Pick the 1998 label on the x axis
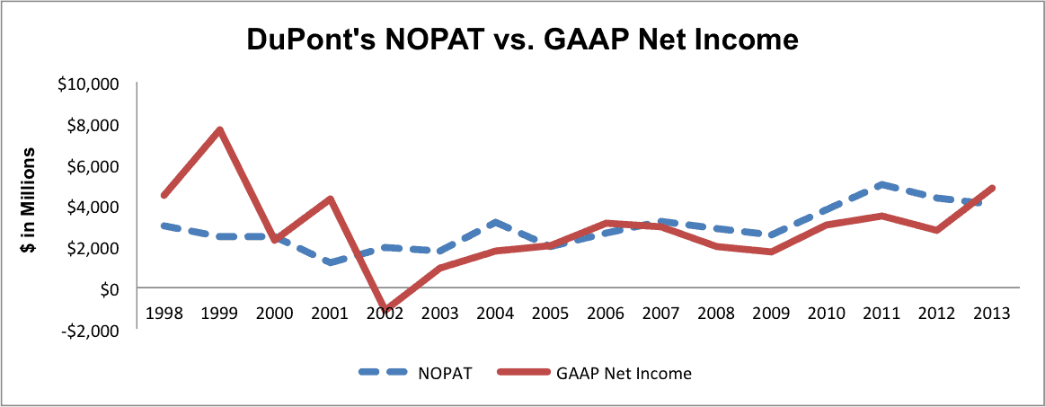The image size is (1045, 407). (162, 314)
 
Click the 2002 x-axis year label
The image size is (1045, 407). (385, 314)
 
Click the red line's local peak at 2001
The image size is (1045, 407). (329, 199)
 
